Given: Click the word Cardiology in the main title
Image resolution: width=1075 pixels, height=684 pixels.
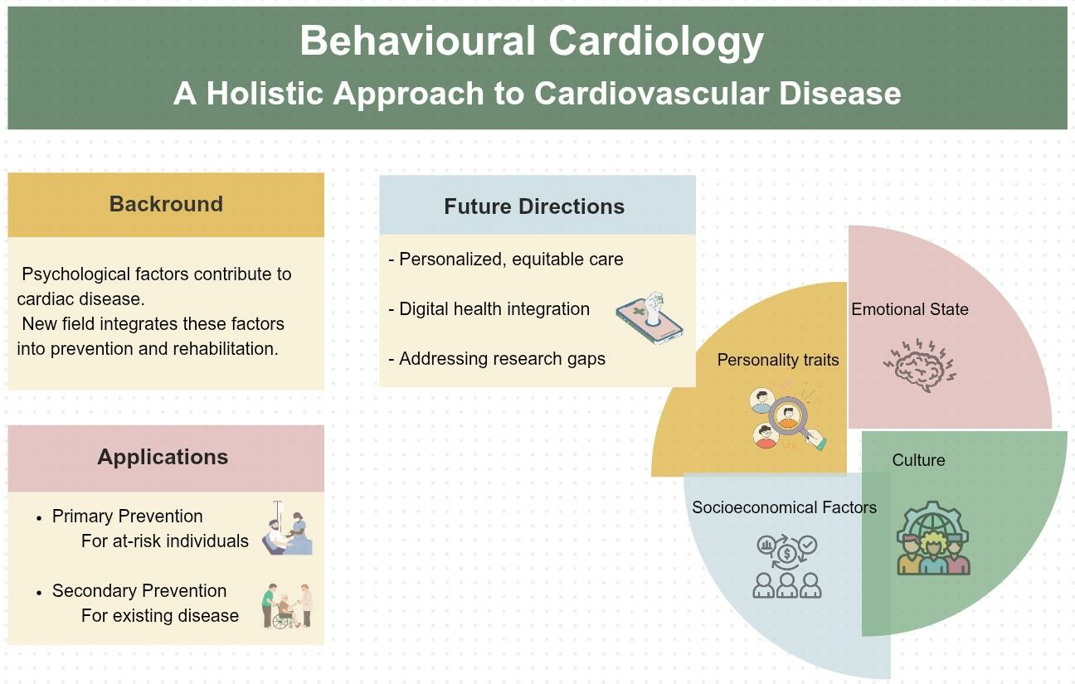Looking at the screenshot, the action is (655, 42).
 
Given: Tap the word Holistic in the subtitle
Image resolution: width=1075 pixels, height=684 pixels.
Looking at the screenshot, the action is (265, 93).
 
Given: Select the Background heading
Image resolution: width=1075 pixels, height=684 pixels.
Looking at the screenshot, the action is (166, 204).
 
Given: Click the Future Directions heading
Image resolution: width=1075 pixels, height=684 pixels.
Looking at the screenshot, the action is (534, 206).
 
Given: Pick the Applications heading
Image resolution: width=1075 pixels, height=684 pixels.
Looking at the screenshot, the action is (163, 457).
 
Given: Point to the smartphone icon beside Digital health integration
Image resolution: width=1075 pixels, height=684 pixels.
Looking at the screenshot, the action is (649, 318).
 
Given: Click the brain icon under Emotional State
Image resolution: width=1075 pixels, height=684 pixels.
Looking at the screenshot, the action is (920, 365).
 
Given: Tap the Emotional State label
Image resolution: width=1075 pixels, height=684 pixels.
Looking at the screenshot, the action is (909, 309).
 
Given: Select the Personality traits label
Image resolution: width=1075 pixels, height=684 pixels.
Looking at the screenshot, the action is (778, 360).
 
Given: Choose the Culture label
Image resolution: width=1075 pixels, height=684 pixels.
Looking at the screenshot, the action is (918, 460).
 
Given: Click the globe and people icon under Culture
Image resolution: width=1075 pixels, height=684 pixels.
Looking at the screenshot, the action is (933, 538).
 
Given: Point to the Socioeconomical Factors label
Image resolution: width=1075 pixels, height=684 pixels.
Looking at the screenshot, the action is (784, 507).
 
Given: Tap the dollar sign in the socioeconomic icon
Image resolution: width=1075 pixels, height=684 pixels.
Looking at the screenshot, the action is (787, 555).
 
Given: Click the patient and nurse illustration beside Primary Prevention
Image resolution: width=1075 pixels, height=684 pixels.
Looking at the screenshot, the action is (288, 527).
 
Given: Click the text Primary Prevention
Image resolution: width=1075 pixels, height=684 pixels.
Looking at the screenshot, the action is (127, 517).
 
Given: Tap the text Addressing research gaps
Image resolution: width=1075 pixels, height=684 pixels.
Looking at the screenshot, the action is (503, 359).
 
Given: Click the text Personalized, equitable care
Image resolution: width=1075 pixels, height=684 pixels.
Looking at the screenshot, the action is (511, 260).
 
